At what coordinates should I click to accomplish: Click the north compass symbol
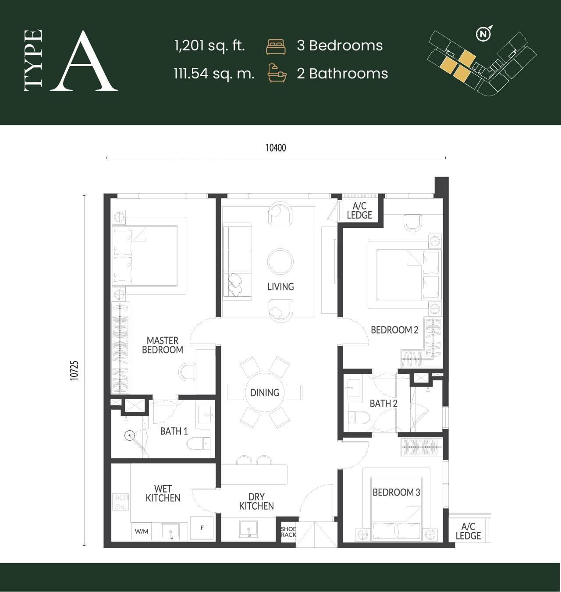tap(483, 34)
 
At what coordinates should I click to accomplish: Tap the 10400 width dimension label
tap(276, 148)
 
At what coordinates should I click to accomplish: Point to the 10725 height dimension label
tap(74, 370)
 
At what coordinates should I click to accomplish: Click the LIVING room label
tap(280, 287)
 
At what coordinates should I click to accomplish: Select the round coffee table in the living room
tap(280, 261)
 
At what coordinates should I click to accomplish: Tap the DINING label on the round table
tap(265, 393)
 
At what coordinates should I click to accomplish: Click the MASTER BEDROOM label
tap(163, 345)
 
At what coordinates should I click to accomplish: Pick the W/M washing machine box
tap(141, 532)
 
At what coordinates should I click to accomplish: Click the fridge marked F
tap(202, 528)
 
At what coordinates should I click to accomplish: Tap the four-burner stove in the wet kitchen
tap(121, 502)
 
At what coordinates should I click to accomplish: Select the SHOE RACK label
tap(288, 532)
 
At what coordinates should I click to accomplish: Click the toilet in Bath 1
tap(198, 443)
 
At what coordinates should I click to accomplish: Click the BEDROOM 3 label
tap(396, 493)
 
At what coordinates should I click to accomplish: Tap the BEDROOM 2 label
tap(394, 330)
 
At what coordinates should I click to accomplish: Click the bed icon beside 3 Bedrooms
tap(276, 47)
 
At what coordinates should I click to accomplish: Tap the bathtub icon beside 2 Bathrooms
tap(277, 73)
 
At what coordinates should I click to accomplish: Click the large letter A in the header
tap(84, 60)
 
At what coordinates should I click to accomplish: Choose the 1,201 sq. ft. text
tap(209, 46)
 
